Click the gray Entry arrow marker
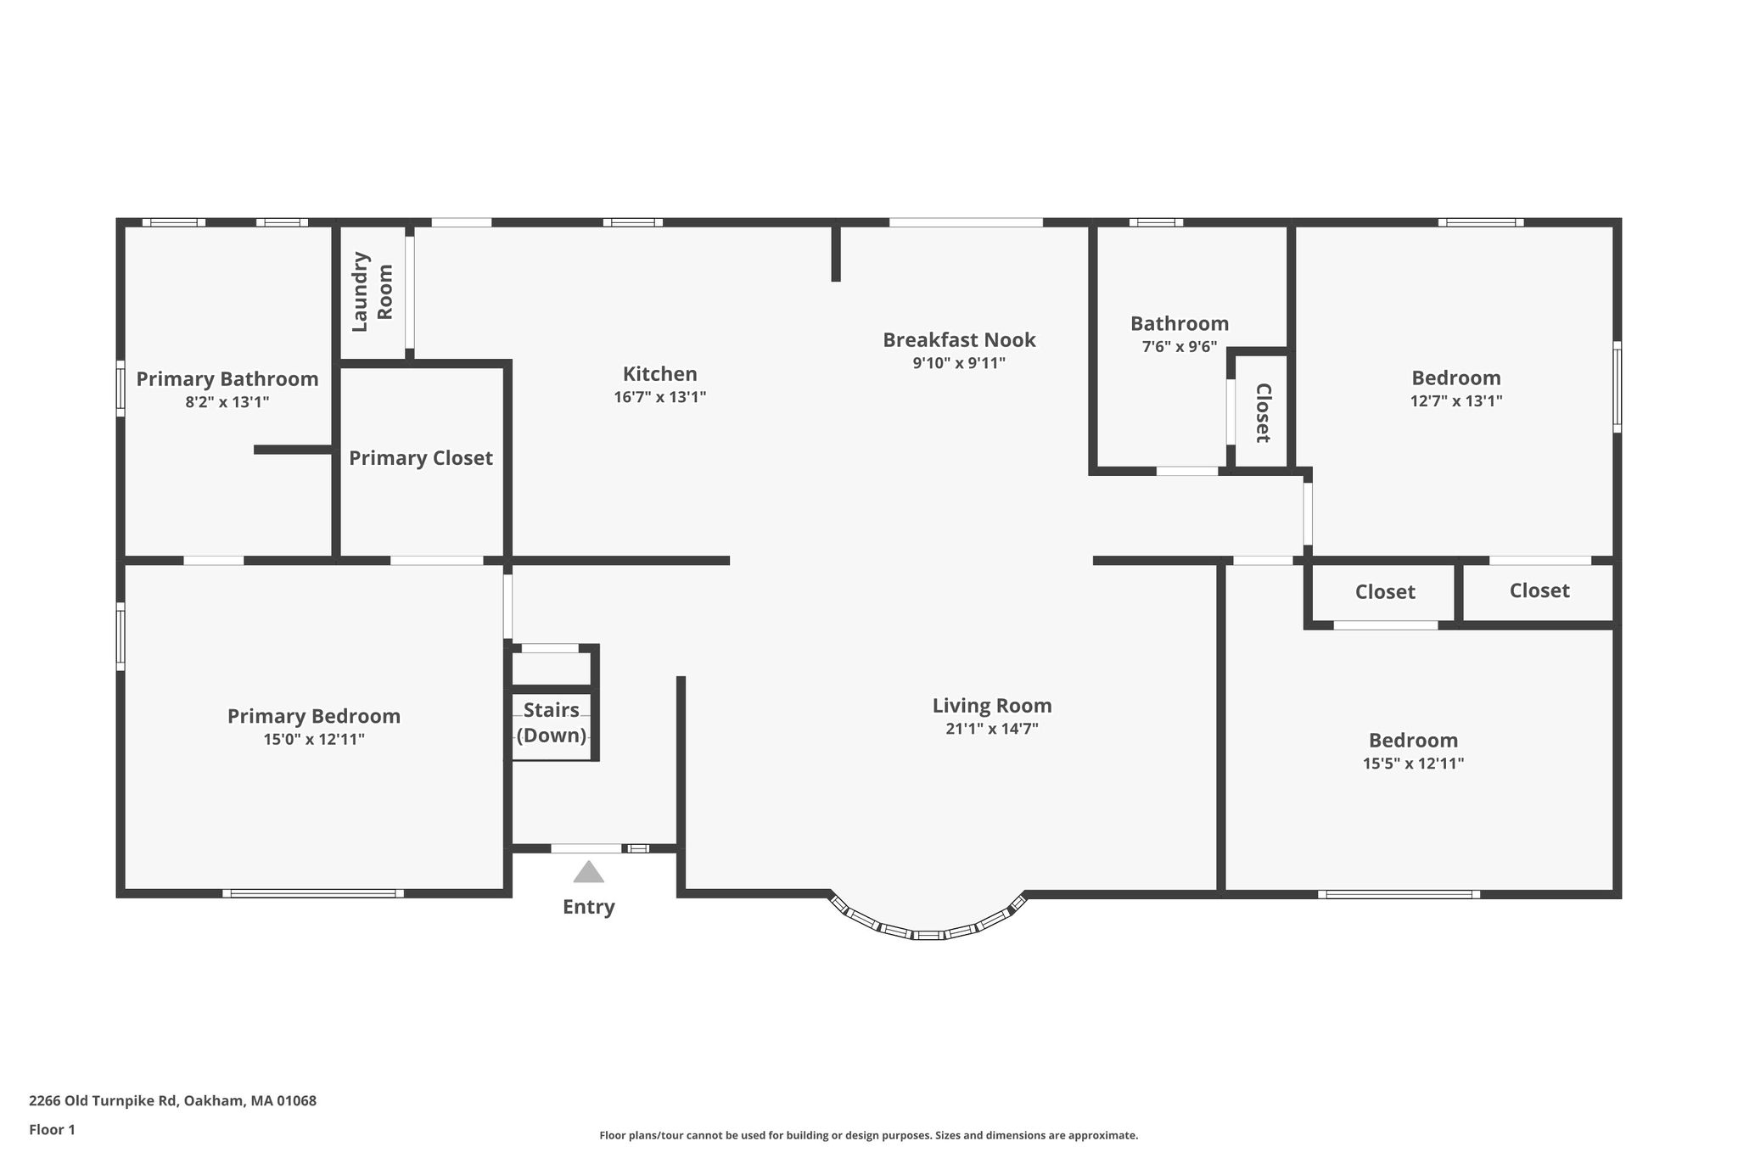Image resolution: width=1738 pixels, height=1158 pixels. pos(588,872)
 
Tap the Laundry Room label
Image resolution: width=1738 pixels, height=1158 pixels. pos(372,292)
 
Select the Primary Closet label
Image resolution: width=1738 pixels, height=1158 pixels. pos(421,458)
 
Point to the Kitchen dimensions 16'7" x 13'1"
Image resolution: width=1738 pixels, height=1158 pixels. pos(660,397)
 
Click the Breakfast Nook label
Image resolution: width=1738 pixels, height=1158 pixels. pos(959,340)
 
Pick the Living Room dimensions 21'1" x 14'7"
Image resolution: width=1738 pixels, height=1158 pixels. pos(992,729)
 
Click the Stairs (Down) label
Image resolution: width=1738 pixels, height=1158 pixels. pos(552,723)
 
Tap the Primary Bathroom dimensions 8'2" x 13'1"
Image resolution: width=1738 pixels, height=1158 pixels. pos(227,402)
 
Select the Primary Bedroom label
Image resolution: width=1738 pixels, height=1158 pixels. pos(314,717)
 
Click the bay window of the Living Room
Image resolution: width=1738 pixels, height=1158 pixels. pos(928,935)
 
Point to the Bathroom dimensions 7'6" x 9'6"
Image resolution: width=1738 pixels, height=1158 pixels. pos(1180,347)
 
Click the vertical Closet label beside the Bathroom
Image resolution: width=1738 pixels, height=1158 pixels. pos(1263,413)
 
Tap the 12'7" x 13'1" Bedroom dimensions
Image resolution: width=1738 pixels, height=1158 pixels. pos(1456,401)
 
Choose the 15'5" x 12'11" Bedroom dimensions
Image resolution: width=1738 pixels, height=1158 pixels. pos(1414,764)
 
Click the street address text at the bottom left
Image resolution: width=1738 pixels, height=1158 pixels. pos(172,1101)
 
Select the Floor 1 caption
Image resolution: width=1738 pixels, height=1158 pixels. pos(52,1130)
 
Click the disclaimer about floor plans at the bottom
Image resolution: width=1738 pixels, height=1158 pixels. pos(869,1135)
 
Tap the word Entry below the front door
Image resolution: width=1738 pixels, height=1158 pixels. pos(589,907)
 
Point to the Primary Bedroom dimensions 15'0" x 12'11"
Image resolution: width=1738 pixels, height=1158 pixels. pos(314,740)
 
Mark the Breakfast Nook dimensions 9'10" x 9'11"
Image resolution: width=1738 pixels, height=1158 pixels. pos(959,363)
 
